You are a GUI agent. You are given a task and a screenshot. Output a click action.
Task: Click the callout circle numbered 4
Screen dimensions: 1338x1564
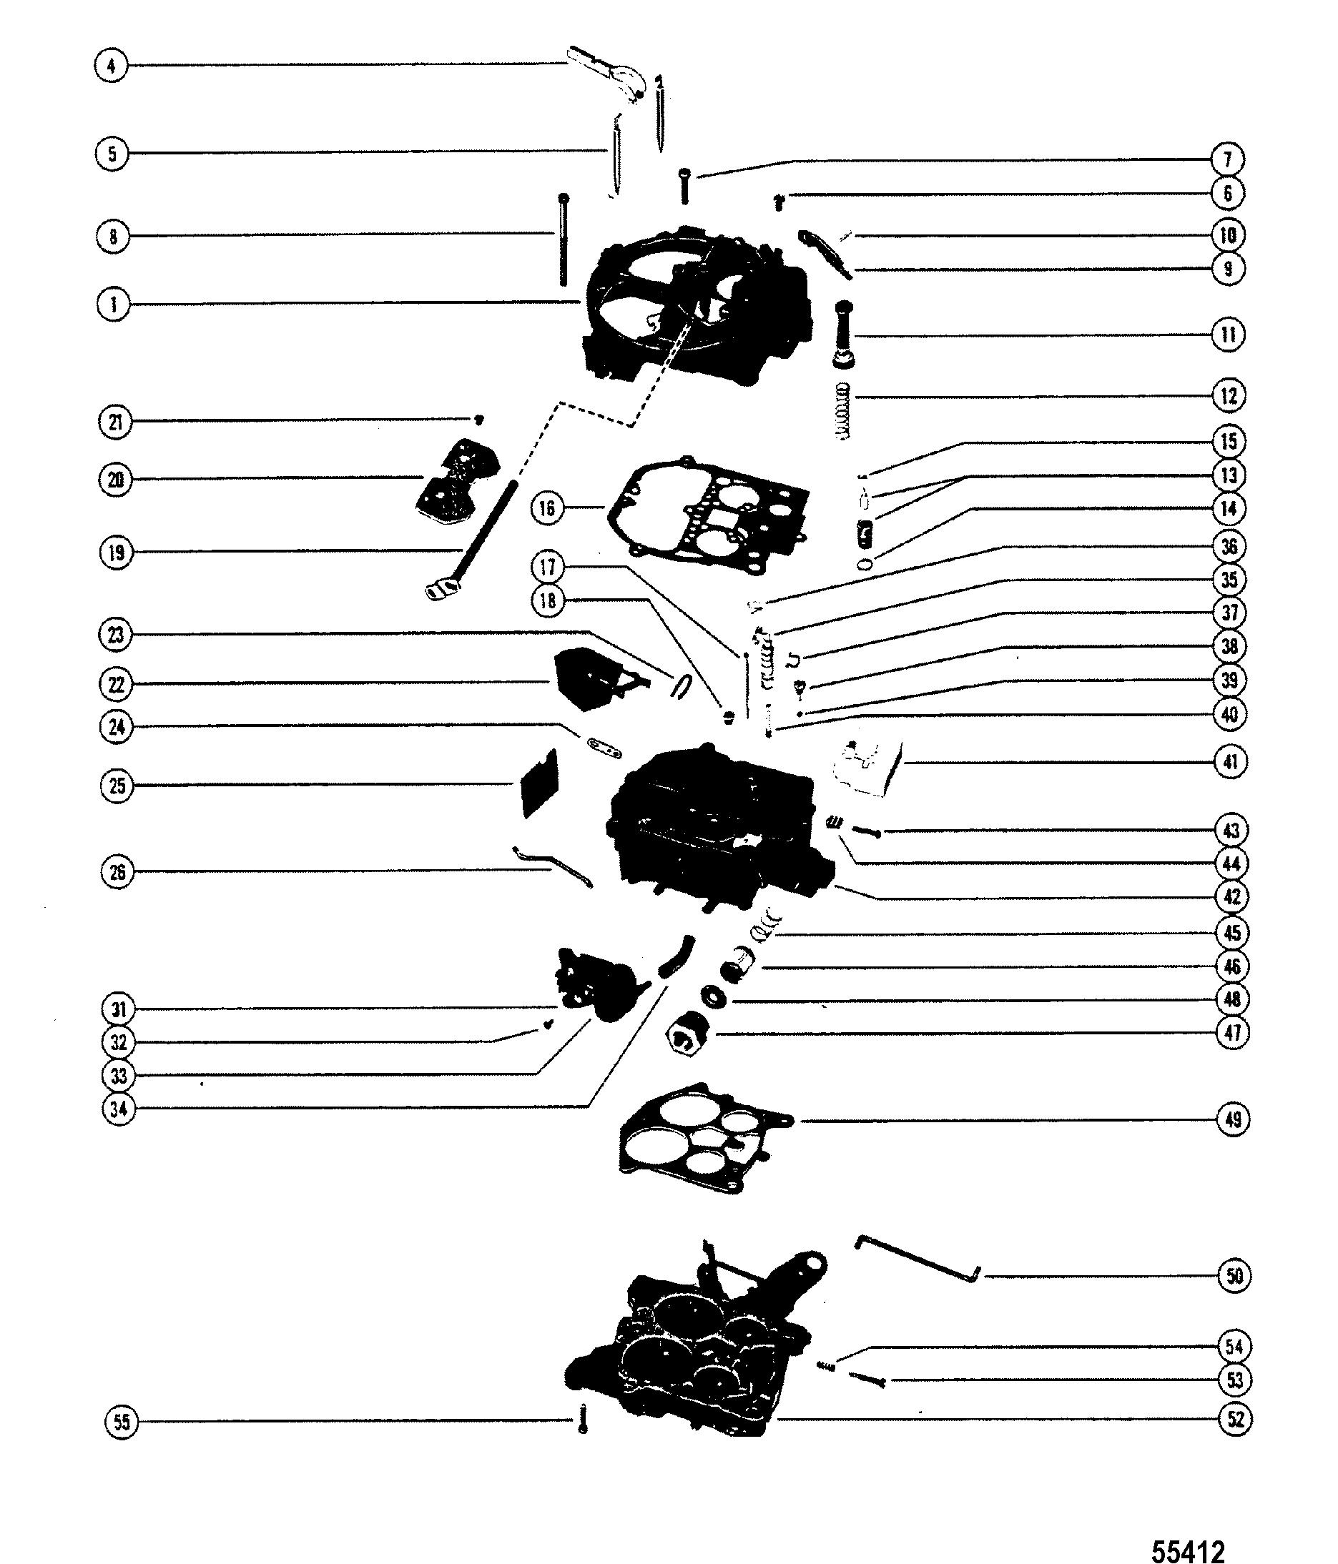(112, 66)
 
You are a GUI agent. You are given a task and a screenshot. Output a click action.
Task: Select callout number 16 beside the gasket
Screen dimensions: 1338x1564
(548, 508)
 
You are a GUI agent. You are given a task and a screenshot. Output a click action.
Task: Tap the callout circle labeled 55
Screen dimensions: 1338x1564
(122, 1422)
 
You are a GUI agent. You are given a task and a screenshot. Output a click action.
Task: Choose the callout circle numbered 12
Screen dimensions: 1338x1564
(1229, 395)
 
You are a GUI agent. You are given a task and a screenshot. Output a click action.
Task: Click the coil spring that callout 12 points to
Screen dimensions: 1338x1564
(843, 412)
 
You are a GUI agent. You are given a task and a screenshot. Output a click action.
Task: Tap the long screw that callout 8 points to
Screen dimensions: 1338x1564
(564, 239)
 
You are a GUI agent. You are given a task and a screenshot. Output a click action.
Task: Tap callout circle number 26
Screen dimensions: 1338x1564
(117, 873)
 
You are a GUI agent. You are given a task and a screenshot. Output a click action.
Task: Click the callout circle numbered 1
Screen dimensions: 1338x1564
(113, 305)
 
